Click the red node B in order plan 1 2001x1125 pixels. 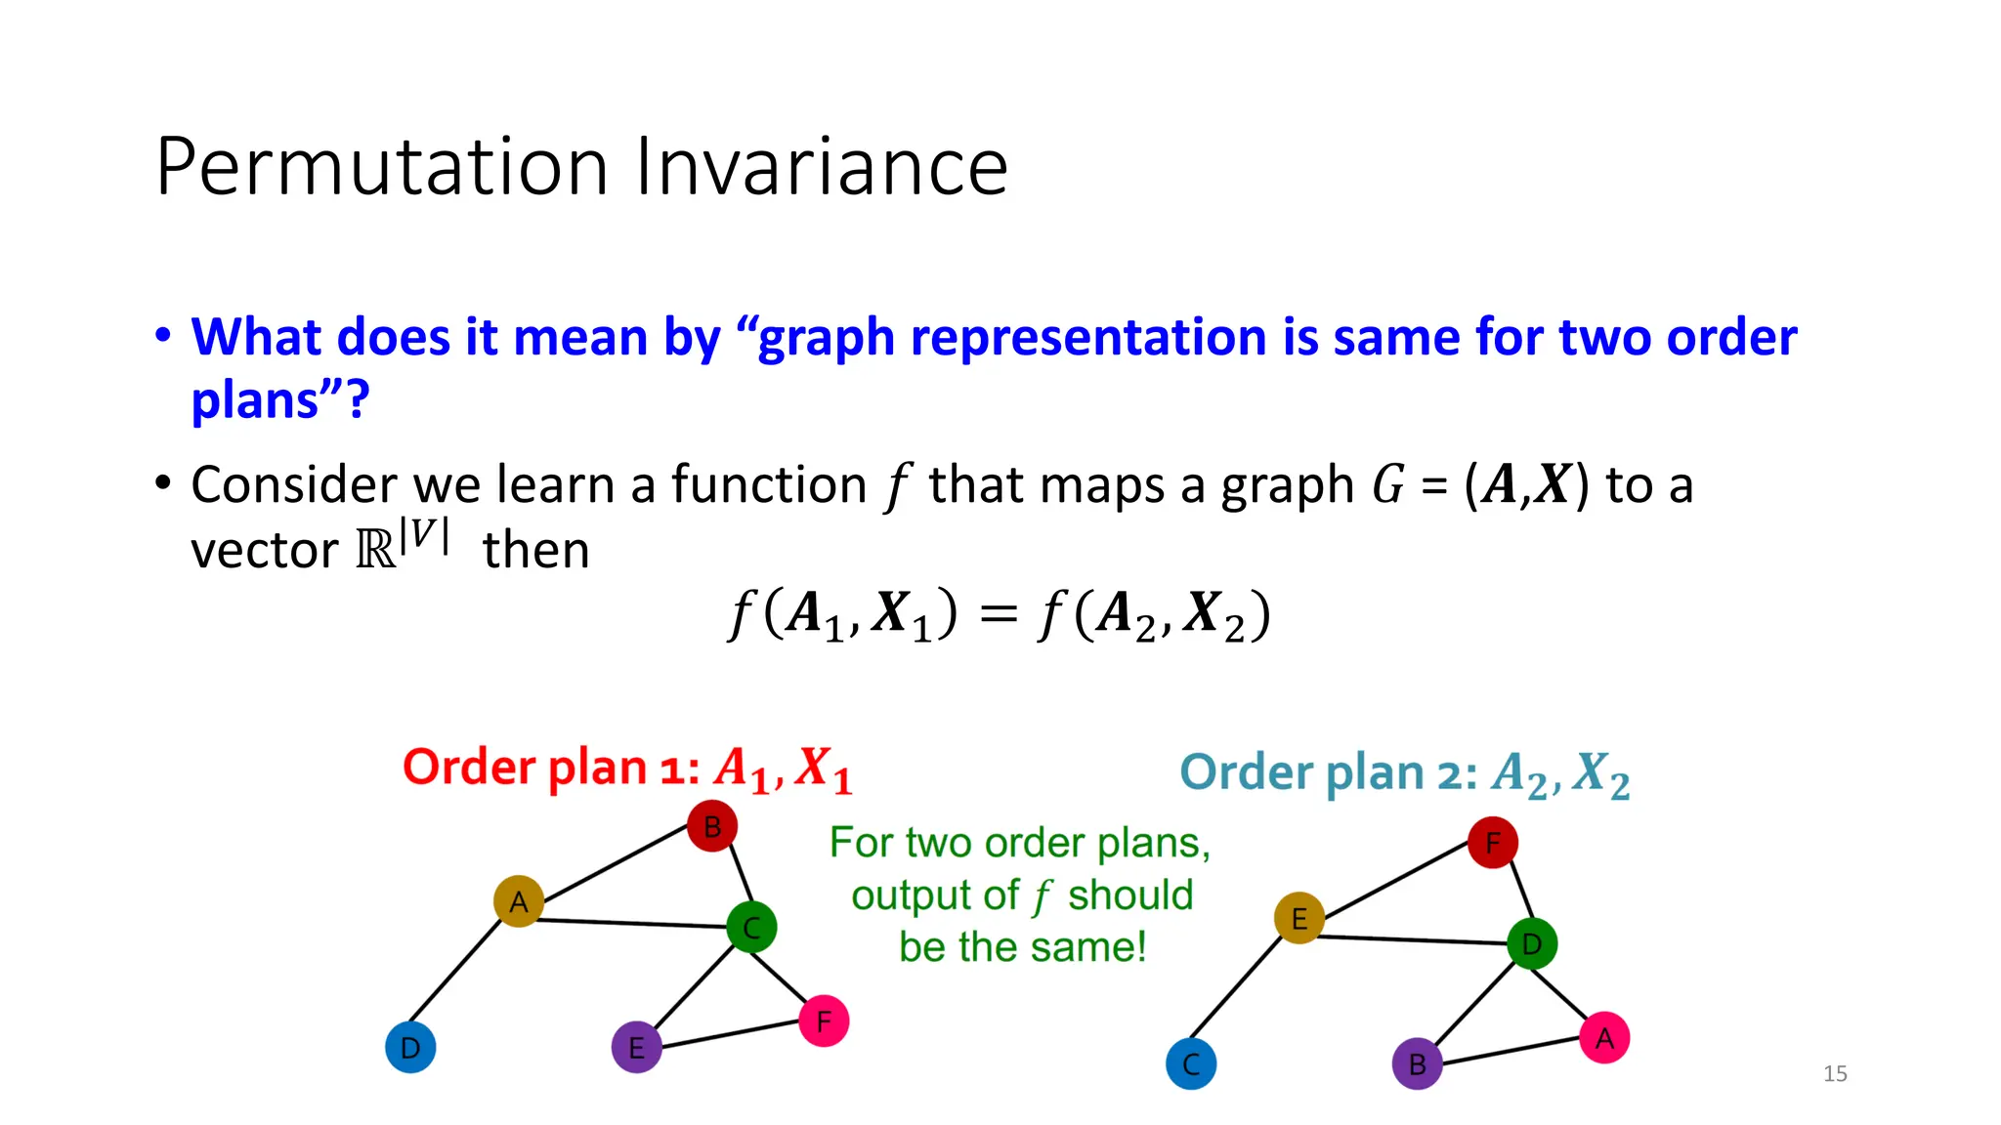tap(711, 826)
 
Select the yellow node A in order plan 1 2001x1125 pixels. tap(518, 900)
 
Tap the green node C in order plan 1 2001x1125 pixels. tap(751, 927)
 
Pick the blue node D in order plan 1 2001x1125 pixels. tap(410, 1048)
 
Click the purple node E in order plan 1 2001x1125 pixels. tap(636, 1048)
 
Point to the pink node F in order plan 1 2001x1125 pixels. tap(824, 1021)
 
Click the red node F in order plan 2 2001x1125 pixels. tap(1492, 843)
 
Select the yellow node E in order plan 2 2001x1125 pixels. tap(1299, 918)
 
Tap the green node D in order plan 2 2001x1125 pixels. tap(1531, 943)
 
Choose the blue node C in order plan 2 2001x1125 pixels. tap(1191, 1064)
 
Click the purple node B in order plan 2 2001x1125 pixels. tap(1417, 1064)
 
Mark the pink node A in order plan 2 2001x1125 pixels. tap(1604, 1038)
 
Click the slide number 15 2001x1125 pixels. tap(1835, 1073)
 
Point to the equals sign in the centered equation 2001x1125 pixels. tap(998, 615)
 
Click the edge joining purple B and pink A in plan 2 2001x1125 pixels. tap(1511, 1051)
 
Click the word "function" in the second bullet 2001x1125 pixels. tap(768, 484)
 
